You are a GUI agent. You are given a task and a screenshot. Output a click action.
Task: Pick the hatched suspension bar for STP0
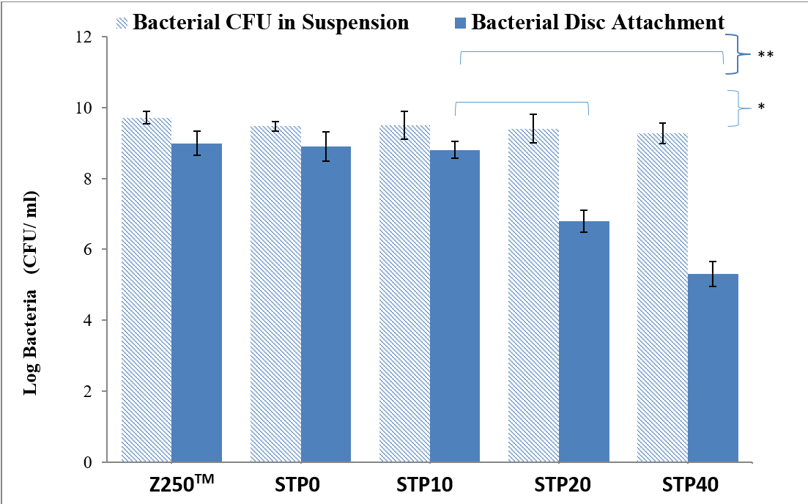275,294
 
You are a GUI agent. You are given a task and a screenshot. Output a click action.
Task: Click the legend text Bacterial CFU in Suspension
270,22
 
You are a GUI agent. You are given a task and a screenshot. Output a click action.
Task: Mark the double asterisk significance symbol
766,54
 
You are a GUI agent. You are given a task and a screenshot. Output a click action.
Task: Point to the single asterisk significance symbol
761,107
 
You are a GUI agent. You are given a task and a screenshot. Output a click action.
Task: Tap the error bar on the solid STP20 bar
584,221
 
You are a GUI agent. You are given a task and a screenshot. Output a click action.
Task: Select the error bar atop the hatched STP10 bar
405,125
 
